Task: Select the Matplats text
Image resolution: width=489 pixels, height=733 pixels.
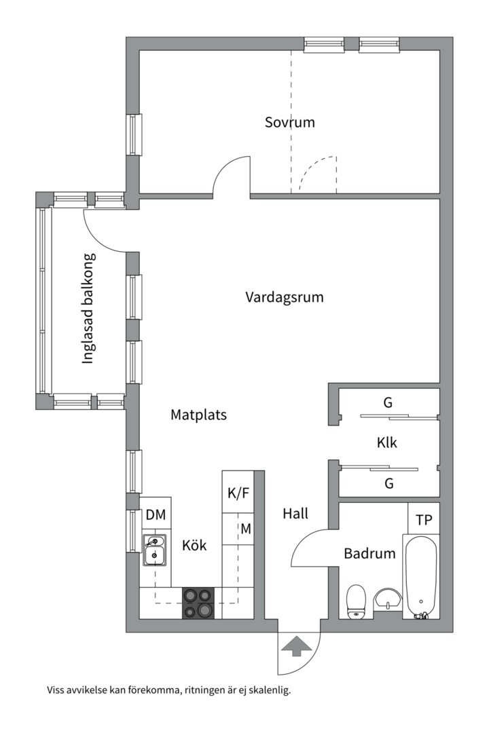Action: point(198,415)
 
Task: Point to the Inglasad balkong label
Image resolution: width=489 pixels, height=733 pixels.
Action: point(88,309)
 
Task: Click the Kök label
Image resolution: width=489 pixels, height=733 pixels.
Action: point(194,545)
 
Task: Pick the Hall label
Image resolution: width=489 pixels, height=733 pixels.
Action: point(295,514)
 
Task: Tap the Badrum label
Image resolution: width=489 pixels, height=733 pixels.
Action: point(369,553)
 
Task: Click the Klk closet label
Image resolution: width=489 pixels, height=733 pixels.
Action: point(387,443)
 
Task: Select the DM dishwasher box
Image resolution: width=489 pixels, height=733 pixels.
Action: point(156,516)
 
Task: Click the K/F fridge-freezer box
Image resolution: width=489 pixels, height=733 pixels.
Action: point(238,492)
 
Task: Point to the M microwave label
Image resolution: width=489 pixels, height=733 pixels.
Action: point(245,529)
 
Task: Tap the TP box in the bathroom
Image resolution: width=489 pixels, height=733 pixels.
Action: point(424,520)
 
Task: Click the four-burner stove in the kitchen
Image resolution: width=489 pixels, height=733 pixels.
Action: point(198,603)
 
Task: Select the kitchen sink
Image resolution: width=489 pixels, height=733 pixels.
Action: point(155,550)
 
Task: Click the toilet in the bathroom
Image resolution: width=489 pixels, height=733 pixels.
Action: point(357,601)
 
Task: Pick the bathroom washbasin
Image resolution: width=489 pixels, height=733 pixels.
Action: point(388,599)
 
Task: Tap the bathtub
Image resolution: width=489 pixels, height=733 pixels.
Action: point(421,577)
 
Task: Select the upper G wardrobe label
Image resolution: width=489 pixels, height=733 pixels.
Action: point(388,402)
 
